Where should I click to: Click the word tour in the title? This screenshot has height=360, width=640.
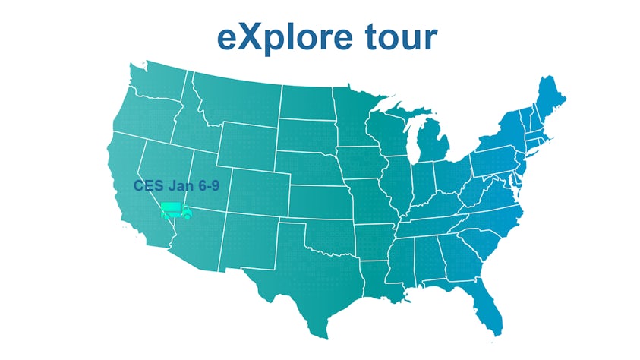(399, 37)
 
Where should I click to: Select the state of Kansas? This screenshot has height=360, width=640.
(323, 197)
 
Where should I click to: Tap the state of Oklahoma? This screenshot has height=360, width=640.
(334, 232)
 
